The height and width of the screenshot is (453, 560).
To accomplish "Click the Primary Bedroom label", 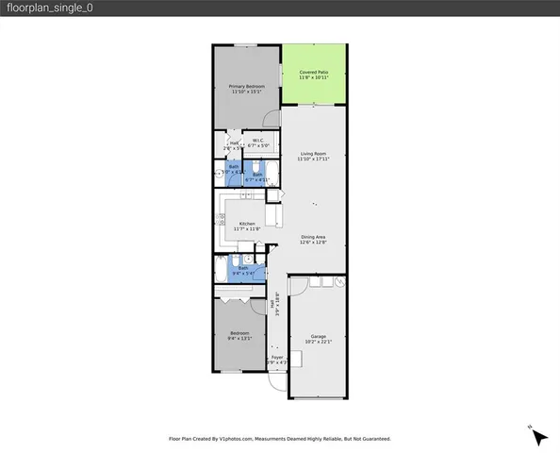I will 247,86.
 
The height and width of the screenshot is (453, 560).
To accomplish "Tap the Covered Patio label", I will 313,72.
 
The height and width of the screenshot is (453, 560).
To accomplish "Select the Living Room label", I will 313,153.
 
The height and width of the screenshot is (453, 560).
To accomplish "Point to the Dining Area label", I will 313,236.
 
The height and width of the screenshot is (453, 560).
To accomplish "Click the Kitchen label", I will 246,224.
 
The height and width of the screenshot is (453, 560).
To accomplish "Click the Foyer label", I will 277,357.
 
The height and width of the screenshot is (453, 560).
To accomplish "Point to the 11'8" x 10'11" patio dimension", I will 313,78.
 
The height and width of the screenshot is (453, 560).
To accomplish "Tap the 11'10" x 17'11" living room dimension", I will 313,159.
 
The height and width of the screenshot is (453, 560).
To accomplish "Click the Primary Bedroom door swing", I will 271,117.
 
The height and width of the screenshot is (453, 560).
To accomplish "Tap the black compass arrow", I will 538,436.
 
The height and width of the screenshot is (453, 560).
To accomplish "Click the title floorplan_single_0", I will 50,8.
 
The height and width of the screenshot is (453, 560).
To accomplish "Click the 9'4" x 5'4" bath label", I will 242,268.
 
